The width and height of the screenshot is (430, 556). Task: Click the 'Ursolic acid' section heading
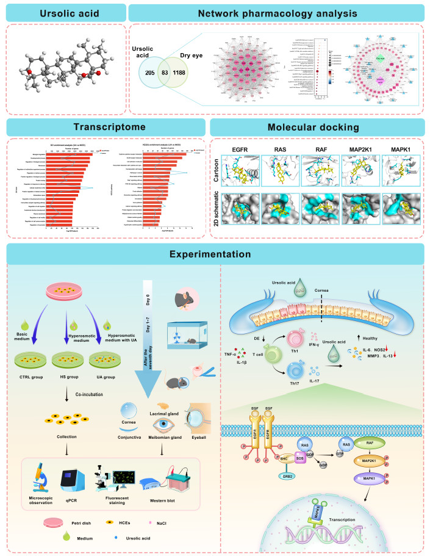[x=63, y=13]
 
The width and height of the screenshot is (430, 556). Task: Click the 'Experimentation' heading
[x=214, y=253]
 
